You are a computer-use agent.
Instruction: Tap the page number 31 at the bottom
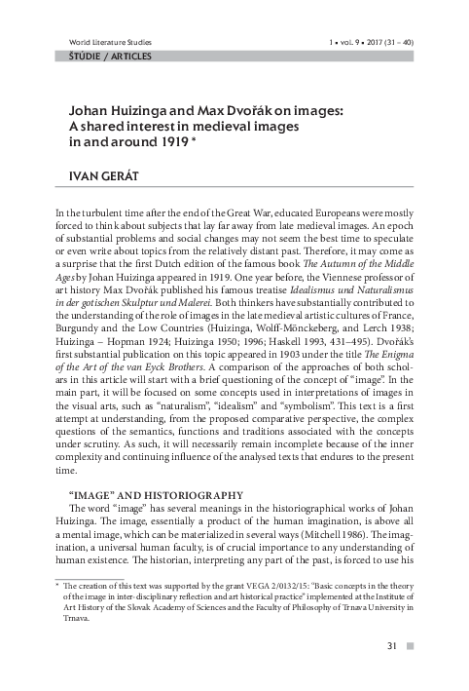click(392, 645)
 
